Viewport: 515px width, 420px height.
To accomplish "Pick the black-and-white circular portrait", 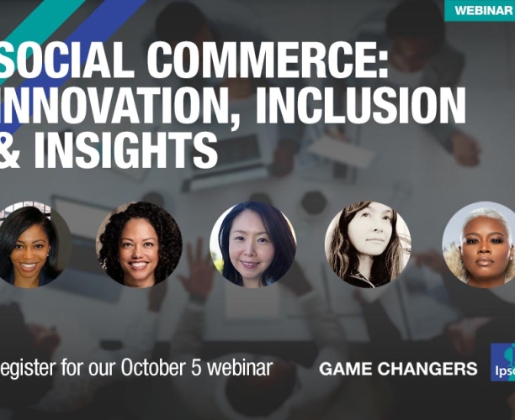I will coord(368,244).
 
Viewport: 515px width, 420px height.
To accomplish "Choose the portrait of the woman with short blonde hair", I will coord(480,244).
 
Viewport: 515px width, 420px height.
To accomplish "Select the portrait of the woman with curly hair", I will coord(139,244).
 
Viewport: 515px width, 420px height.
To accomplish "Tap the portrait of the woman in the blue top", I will coord(252,244).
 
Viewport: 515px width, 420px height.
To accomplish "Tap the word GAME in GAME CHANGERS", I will coord(347,369).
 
